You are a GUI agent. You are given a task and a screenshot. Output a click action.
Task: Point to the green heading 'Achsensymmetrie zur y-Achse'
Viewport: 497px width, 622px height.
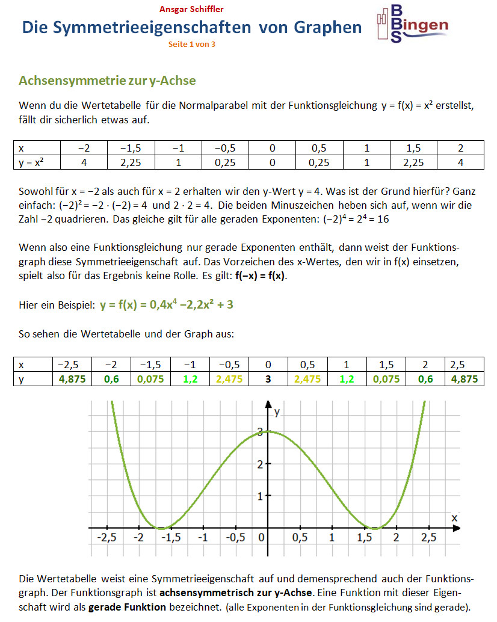tap(107, 81)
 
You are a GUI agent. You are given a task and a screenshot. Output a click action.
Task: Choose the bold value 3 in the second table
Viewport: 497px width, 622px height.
tap(268, 380)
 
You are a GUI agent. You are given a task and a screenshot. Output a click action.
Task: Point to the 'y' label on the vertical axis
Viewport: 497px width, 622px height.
tap(277, 413)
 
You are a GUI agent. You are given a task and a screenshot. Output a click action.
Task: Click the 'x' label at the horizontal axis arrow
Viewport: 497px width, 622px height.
tap(454, 517)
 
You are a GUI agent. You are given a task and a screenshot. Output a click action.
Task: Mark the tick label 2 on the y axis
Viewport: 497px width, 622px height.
tap(259, 464)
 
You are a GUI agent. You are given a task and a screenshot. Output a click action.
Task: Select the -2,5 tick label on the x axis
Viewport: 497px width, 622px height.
tap(106, 537)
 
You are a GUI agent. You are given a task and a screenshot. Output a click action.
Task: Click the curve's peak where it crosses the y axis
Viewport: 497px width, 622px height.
tap(268, 431)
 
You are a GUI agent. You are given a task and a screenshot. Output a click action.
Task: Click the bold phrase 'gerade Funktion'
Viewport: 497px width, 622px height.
tap(127, 607)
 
